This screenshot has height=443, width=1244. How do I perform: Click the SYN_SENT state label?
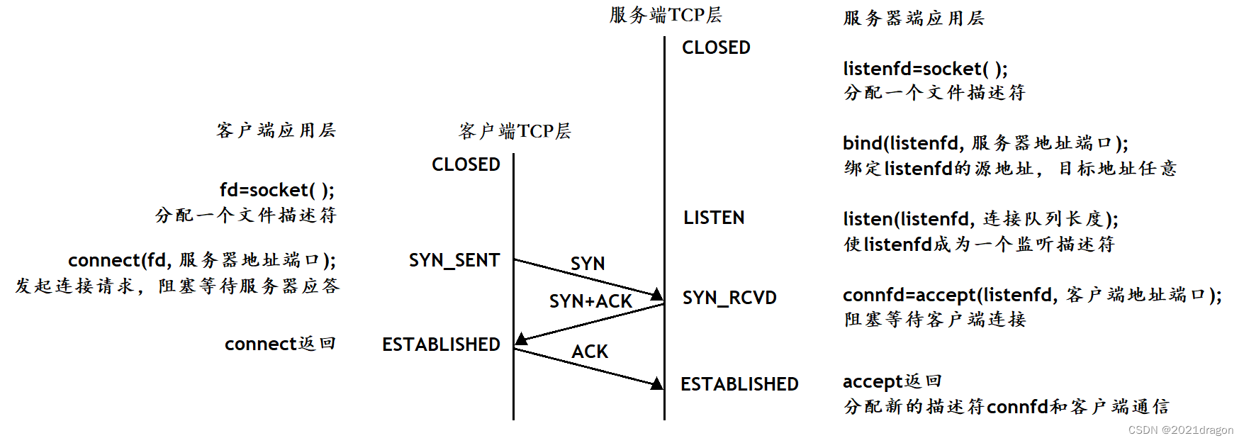tap(454, 260)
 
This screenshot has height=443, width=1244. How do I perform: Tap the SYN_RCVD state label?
tap(729, 298)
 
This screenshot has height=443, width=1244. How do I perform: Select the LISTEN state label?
tap(714, 218)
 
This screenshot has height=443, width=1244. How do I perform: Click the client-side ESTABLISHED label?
tap(441, 344)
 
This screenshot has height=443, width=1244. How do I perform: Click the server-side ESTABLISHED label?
tap(739, 384)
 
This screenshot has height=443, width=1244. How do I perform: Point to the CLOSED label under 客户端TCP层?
tap(466, 164)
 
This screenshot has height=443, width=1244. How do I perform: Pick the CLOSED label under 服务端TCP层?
tap(716, 47)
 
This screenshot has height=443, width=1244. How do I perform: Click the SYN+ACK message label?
tap(590, 301)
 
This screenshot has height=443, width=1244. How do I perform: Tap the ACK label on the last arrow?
tap(590, 352)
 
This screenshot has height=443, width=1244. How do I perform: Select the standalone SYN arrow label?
tap(588, 264)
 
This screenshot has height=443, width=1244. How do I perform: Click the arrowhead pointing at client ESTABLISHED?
tap(522, 339)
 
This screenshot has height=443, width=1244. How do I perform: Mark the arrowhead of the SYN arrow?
tap(657, 293)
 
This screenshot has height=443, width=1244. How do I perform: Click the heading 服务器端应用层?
tap(914, 18)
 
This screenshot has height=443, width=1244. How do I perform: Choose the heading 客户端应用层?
tap(276, 130)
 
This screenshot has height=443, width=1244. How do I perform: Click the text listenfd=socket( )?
tap(925, 69)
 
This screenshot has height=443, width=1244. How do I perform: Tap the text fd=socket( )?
tap(276, 190)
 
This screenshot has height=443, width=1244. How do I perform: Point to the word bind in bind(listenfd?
tap(862, 143)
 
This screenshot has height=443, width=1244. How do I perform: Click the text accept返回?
tap(892, 381)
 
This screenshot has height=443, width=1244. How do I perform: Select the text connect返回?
tap(280, 344)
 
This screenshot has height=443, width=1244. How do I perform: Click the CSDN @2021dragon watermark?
tap(1180, 430)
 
